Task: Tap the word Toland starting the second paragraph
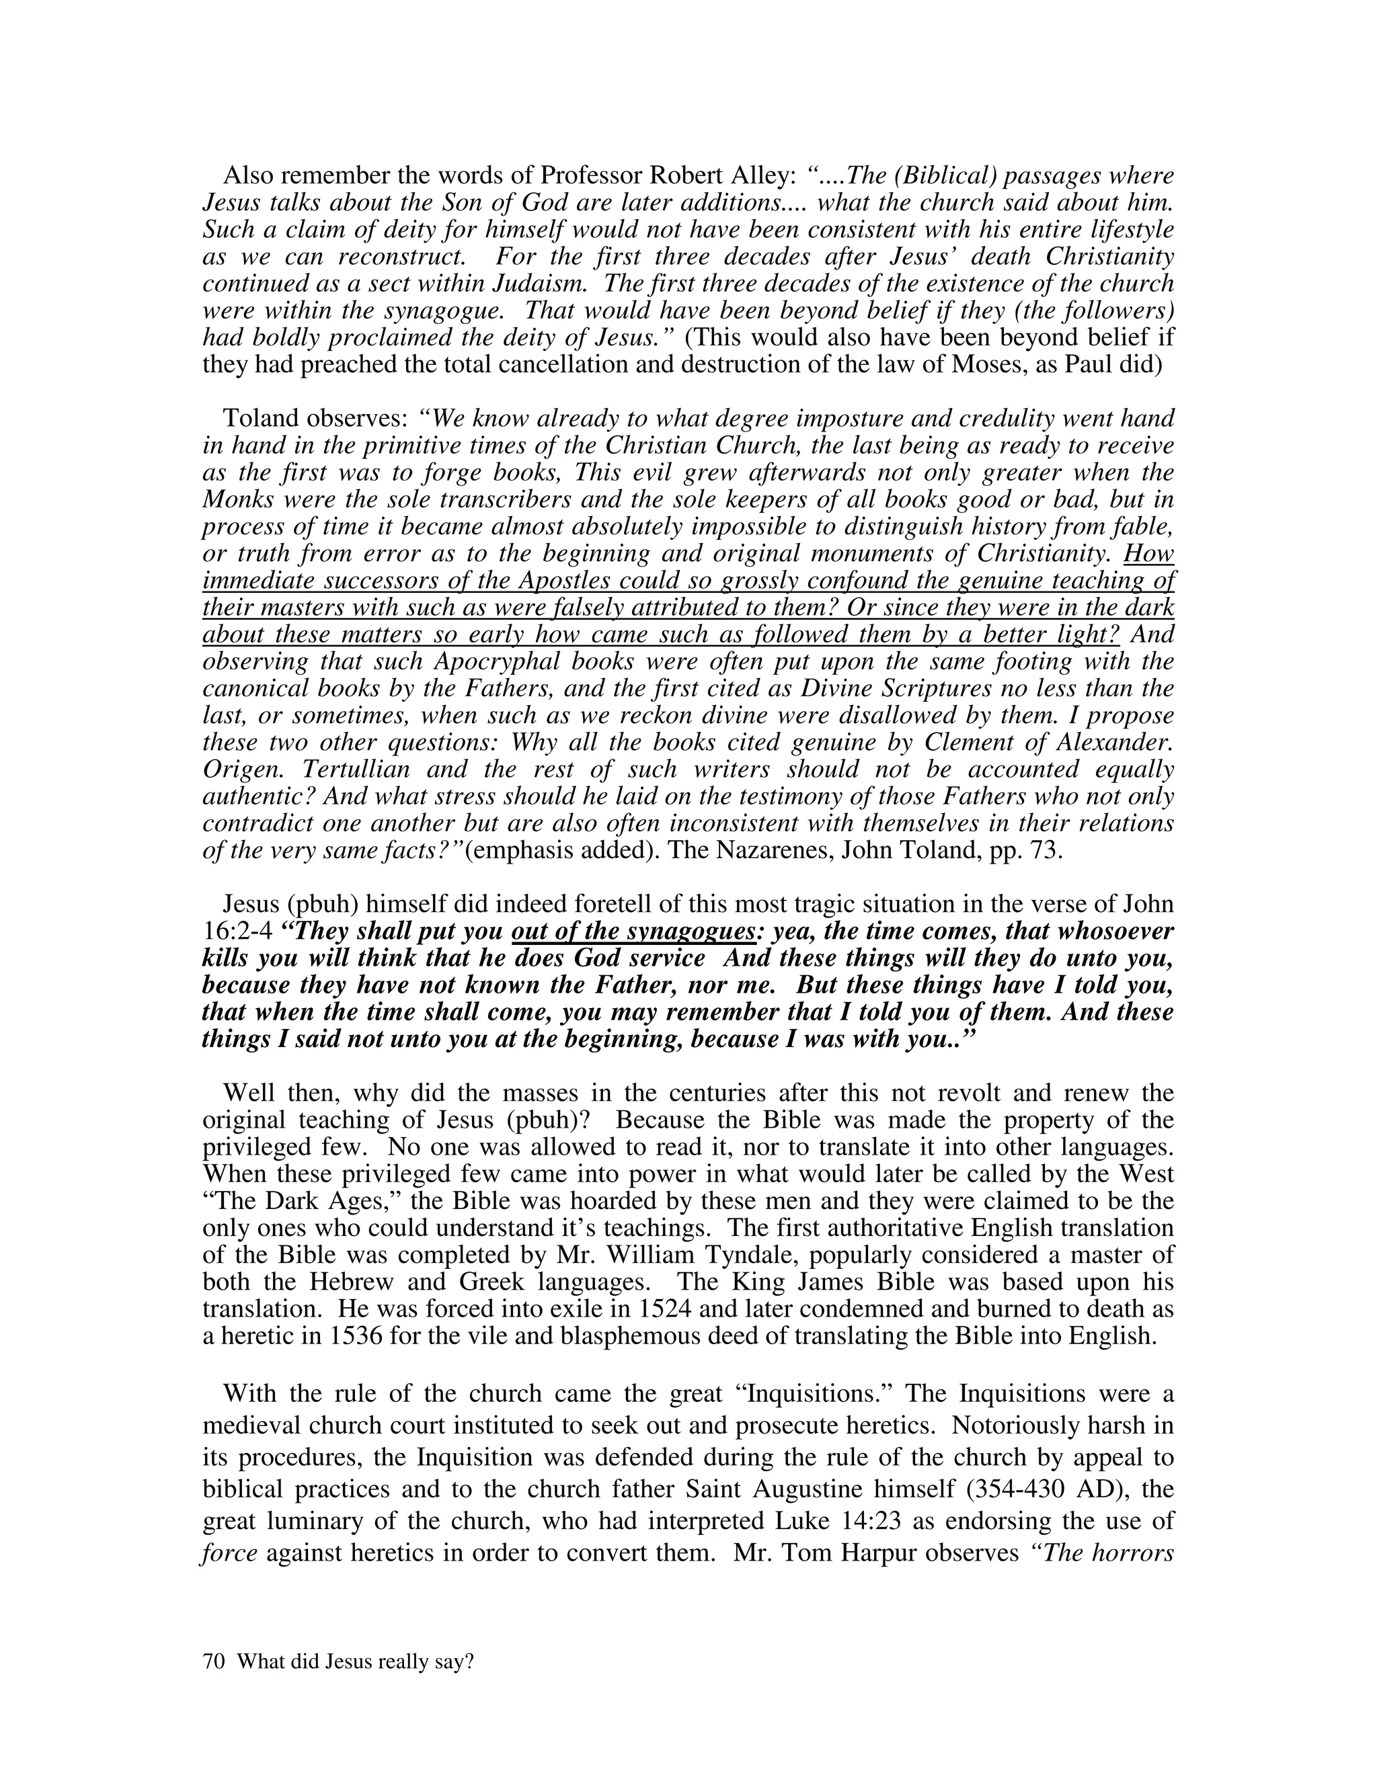pyautogui.click(x=261, y=418)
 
